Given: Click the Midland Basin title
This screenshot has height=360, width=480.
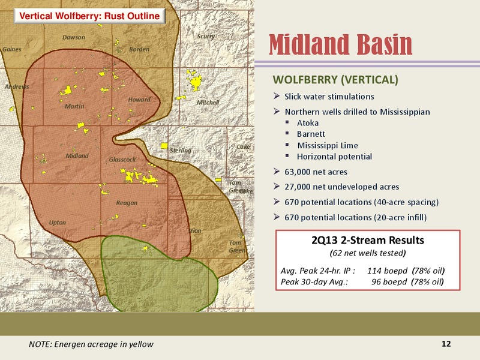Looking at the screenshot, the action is pyautogui.click(x=341, y=44).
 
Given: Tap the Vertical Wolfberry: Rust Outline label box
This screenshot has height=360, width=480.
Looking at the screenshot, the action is pyautogui.click(x=89, y=16).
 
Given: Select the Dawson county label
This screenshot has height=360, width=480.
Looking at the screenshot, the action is pyautogui.click(x=73, y=37).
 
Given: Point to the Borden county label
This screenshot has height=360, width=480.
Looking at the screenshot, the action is pyautogui.click(x=139, y=49).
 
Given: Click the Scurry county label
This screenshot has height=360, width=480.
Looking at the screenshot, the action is pyautogui.click(x=206, y=37).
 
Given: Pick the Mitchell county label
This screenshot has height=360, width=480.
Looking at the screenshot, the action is pyautogui.click(x=208, y=102).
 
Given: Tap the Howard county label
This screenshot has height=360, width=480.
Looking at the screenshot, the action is pyautogui.click(x=139, y=100).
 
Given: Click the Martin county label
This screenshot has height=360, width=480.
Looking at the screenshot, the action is pyautogui.click(x=74, y=106).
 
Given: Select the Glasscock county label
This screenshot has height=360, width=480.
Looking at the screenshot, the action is pyautogui.click(x=122, y=160).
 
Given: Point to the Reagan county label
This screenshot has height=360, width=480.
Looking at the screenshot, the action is pyautogui.click(x=127, y=203).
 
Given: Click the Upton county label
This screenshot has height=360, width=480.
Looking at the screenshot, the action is pyautogui.click(x=57, y=223).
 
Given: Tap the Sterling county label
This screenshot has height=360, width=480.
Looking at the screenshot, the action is pyautogui.click(x=181, y=151).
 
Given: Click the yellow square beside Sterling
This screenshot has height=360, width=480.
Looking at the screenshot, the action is pyautogui.click(x=164, y=146).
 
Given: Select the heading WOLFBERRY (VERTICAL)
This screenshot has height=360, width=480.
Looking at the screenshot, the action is pyautogui.click(x=335, y=80).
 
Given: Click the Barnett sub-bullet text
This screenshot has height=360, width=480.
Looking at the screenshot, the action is pyautogui.click(x=311, y=134).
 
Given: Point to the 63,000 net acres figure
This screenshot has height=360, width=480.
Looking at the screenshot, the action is pyautogui.click(x=316, y=172).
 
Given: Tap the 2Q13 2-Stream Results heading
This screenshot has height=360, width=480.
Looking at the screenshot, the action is pyautogui.click(x=368, y=241).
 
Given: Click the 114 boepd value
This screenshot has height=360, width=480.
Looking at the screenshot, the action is pyautogui.click(x=387, y=271).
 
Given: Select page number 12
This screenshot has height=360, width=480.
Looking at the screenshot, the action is pyautogui.click(x=446, y=344).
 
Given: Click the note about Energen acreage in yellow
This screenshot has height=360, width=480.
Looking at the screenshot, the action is pyautogui.click(x=91, y=344).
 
